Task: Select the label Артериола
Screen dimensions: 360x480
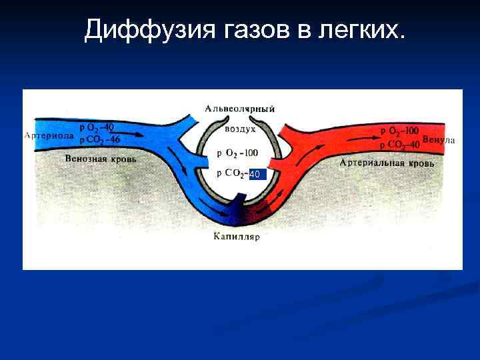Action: click(49, 136)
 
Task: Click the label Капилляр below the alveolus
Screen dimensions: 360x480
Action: click(237, 236)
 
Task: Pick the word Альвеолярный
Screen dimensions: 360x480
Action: click(240, 108)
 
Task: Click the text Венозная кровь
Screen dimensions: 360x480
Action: click(101, 159)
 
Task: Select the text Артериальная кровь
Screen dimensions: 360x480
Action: click(387, 162)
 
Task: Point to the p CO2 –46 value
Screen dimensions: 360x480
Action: click(99, 140)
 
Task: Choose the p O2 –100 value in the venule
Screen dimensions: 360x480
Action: click(399, 131)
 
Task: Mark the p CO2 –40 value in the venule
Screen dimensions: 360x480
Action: click(399, 144)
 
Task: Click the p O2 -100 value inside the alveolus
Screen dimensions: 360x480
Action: click(237, 153)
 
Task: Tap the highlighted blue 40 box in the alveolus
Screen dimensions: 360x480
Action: click(255, 174)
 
